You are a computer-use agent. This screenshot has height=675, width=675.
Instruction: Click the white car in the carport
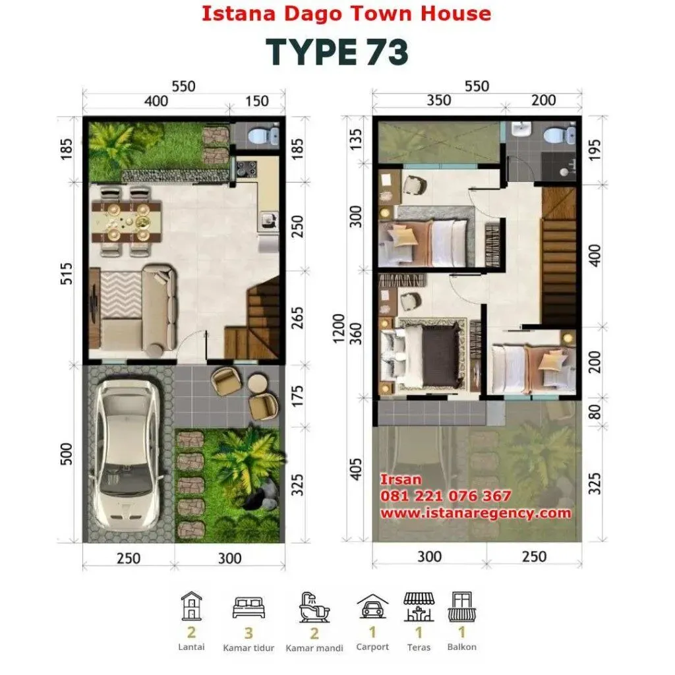tap(125, 455)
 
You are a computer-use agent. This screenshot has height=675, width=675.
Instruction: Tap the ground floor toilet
tap(263, 136)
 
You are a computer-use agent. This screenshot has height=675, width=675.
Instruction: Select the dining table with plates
tap(127, 222)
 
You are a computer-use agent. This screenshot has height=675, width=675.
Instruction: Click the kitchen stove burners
tap(247, 169)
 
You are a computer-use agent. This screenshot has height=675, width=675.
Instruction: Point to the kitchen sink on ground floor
tap(269, 220)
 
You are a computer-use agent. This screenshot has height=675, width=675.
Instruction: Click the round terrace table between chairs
tap(258, 383)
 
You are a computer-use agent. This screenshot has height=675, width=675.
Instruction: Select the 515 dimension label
tap(66, 274)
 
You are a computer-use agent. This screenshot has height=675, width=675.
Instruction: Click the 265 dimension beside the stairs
tap(297, 318)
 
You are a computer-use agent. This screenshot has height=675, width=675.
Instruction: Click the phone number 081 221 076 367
tap(446, 496)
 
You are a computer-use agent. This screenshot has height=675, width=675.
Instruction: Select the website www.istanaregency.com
tap(476, 513)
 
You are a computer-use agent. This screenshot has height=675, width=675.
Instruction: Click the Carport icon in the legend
tap(372, 606)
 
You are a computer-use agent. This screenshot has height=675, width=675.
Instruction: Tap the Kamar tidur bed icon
tap(249, 607)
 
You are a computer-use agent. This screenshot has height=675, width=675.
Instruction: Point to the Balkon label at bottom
tap(462, 647)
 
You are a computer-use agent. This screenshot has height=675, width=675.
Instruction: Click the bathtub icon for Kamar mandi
tap(314, 607)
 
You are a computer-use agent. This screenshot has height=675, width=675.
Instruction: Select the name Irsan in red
tap(400, 480)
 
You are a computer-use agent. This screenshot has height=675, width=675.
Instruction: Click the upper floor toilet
tap(558, 134)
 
